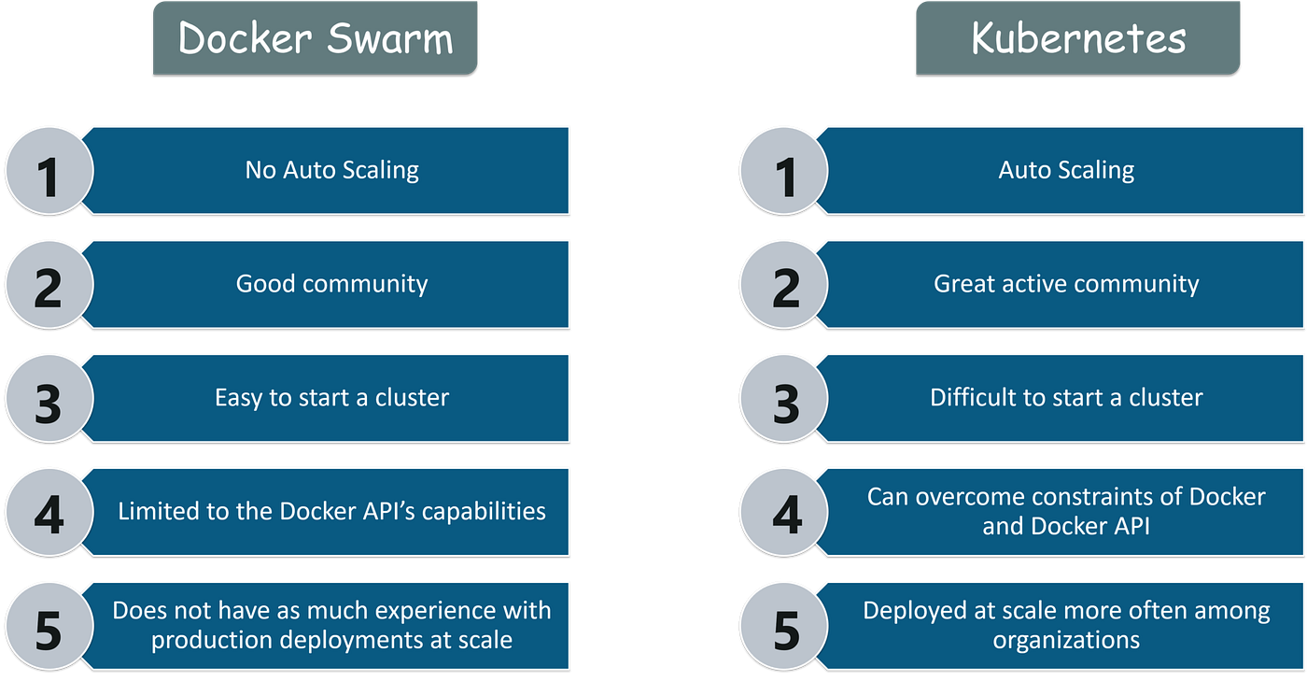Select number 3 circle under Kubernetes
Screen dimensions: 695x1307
click(x=785, y=401)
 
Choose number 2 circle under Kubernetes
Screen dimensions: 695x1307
click(x=785, y=287)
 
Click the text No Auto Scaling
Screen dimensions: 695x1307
click(x=331, y=170)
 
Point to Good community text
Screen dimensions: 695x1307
click(x=331, y=284)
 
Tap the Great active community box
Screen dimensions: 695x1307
click(x=1066, y=284)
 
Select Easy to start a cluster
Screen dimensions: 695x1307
click(x=331, y=398)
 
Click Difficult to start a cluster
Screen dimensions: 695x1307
click(x=1066, y=398)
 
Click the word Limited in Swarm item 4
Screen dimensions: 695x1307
click(x=150, y=512)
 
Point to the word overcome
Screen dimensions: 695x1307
click(x=971, y=497)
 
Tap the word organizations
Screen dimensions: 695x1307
click(x=1066, y=641)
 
